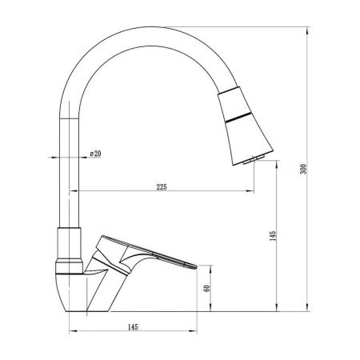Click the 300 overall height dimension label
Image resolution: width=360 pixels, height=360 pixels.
(x=303, y=169)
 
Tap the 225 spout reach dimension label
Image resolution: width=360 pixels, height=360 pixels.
(x=162, y=187)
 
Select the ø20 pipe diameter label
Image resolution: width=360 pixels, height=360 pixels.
(x=95, y=154)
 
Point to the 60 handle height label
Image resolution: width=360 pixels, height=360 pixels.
(x=207, y=288)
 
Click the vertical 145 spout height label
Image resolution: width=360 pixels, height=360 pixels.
(x=273, y=236)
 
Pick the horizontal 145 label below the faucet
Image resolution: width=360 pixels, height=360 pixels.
(x=133, y=327)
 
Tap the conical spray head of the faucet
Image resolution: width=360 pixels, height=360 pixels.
(x=246, y=126)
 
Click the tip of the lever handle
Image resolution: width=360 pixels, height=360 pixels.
(x=196, y=266)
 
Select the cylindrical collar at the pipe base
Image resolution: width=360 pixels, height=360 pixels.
(x=70, y=243)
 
